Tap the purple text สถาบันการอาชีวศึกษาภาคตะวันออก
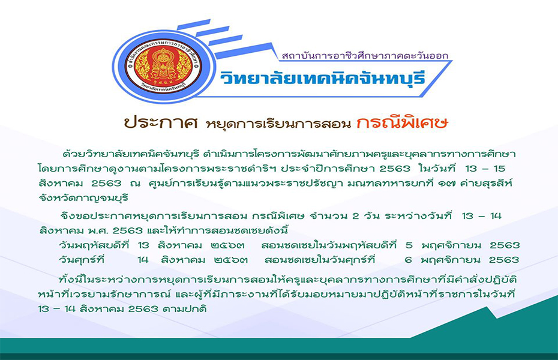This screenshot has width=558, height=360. [365, 56]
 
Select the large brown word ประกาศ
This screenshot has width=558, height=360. [161, 123]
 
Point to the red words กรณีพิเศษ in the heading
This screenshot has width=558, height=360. [402, 122]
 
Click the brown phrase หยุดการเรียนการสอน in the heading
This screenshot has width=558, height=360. [277, 124]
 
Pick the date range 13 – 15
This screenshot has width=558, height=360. [485, 168]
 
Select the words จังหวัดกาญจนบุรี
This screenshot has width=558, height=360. [83, 198]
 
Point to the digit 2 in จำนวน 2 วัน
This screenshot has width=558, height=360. [356, 216]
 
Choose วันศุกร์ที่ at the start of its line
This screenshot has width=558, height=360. [82, 260]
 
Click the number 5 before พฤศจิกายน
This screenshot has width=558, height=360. [409, 245]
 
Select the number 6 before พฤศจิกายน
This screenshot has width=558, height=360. [409, 260]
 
